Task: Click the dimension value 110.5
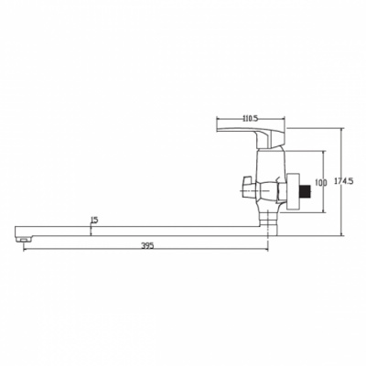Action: click(x=250, y=118)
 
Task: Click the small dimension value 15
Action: click(x=94, y=221)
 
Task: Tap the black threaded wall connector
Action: click(x=306, y=192)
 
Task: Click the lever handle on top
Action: click(x=251, y=136)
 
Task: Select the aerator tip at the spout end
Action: click(x=24, y=239)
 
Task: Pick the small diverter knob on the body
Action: click(x=248, y=187)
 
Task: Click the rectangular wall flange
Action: click(x=294, y=192)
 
